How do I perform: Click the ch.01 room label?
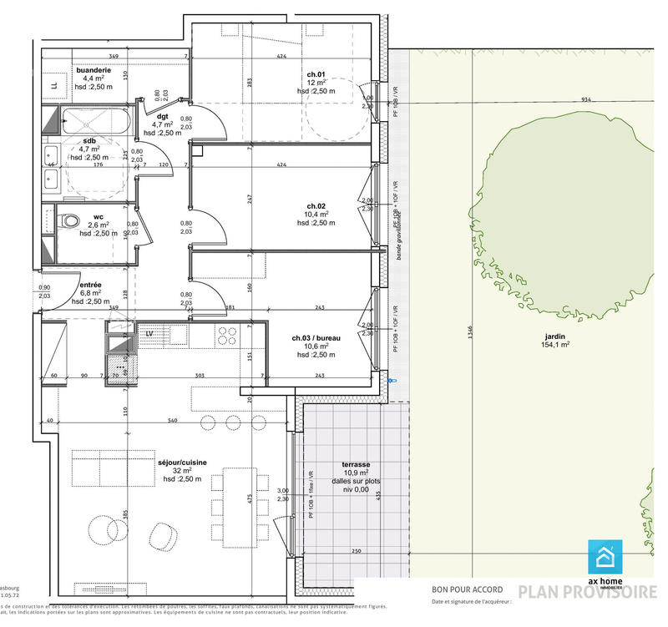click(x=315, y=74)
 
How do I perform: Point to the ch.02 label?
click(x=316, y=205)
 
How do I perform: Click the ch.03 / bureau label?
click(x=316, y=338)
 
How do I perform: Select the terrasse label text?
click(x=356, y=464)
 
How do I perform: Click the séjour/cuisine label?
click(x=182, y=462)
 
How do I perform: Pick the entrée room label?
click(x=79, y=286)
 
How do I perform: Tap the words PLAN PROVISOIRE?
click(x=587, y=592)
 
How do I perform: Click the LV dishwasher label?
click(x=149, y=333)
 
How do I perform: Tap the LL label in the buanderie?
click(x=53, y=85)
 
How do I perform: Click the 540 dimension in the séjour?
click(x=172, y=420)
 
